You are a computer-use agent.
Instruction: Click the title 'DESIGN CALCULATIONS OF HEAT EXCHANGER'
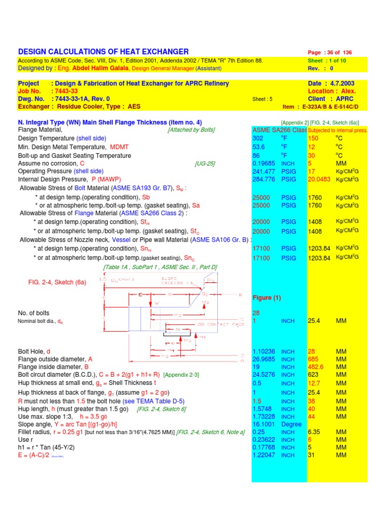pos(103,52)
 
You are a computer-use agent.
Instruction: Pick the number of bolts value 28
pos(256,313)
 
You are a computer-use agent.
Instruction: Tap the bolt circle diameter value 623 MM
pos(313,375)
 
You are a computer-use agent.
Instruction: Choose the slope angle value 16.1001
pos(264,424)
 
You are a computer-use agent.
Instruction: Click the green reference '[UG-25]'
pos(205,164)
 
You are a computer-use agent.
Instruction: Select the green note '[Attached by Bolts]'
pos(191,130)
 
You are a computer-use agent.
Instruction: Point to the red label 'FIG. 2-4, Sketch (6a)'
pos(57,282)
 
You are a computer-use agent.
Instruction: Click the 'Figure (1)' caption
pos(266,298)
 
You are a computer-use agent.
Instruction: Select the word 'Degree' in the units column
pos(291,424)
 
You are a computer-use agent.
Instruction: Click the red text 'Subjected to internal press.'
pos(337,131)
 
